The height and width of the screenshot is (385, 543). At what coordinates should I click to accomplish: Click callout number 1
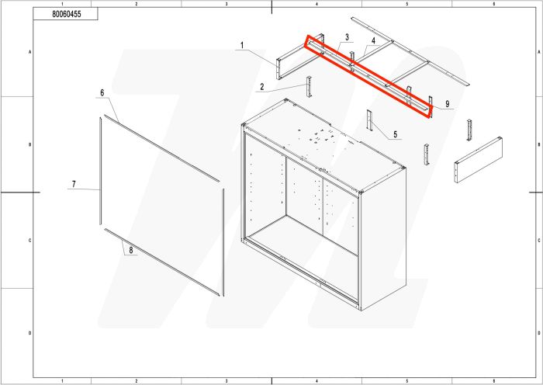[242, 46]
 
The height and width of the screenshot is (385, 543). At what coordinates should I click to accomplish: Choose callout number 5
[102, 92]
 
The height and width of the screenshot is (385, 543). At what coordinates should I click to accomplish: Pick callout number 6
[73, 184]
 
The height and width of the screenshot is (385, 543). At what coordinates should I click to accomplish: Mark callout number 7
[130, 249]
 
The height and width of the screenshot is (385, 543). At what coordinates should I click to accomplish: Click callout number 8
[448, 103]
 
